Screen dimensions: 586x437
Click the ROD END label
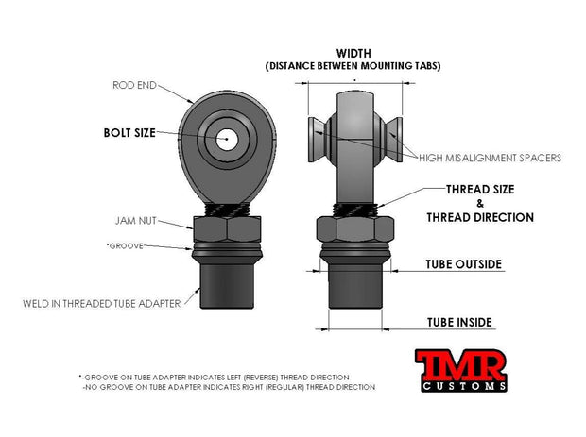[x=134, y=86]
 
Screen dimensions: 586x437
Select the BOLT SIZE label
[x=129, y=133]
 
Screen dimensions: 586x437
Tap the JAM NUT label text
[x=136, y=221]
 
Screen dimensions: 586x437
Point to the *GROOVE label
[x=125, y=246]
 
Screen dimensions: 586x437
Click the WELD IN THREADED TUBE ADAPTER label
[x=102, y=304]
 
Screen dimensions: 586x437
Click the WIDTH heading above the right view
[x=353, y=54]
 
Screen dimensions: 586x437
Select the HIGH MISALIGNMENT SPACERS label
[x=490, y=158]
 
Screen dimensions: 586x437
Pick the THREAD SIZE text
[x=480, y=190]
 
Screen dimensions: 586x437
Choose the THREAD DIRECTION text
[x=480, y=217]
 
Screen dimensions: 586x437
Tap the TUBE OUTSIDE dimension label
[x=463, y=264]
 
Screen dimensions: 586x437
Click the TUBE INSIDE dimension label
[x=459, y=323]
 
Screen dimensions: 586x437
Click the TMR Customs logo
[x=461, y=370]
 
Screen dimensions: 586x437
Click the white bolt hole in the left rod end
[x=227, y=139]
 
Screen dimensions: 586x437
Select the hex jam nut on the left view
[x=227, y=228]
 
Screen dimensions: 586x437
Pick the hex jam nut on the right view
[x=355, y=228]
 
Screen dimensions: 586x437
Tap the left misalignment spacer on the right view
[x=317, y=140]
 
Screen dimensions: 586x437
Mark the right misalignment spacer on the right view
[x=393, y=140]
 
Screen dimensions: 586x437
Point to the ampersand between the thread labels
[x=480, y=204]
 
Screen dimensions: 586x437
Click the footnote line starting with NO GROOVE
[x=229, y=387]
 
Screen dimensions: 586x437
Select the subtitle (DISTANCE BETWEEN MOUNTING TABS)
[x=353, y=66]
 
